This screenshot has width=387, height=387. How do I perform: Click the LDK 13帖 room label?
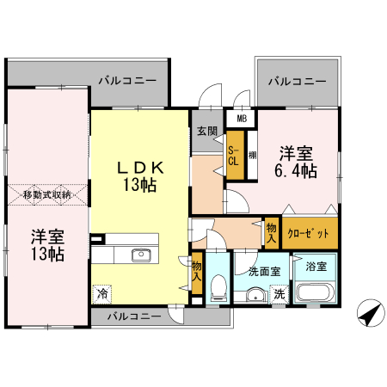[x=140, y=175]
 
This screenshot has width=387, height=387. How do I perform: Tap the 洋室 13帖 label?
[x=48, y=245]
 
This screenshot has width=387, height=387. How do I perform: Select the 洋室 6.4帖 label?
[x=296, y=162]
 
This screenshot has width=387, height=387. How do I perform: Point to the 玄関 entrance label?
[x=206, y=132]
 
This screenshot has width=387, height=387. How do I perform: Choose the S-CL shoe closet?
[x=234, y=156]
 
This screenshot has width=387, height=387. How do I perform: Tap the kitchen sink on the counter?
[x=140, y=255]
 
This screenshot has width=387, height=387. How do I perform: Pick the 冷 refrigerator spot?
[x=103, y=292]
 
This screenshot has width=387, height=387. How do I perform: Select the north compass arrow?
[x=367, y=315]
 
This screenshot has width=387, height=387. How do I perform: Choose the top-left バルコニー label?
[x=126, y=80]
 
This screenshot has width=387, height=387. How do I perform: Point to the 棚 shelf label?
[x=252, y=156]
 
